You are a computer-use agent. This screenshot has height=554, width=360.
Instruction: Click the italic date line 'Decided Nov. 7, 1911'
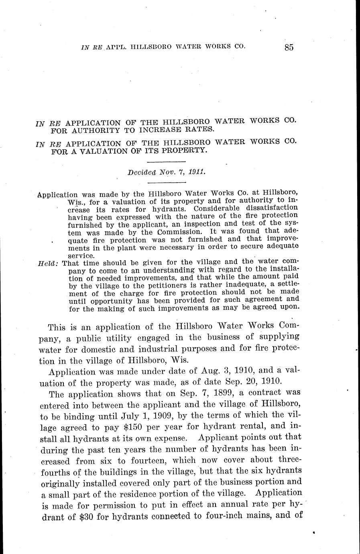(167, 173)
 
